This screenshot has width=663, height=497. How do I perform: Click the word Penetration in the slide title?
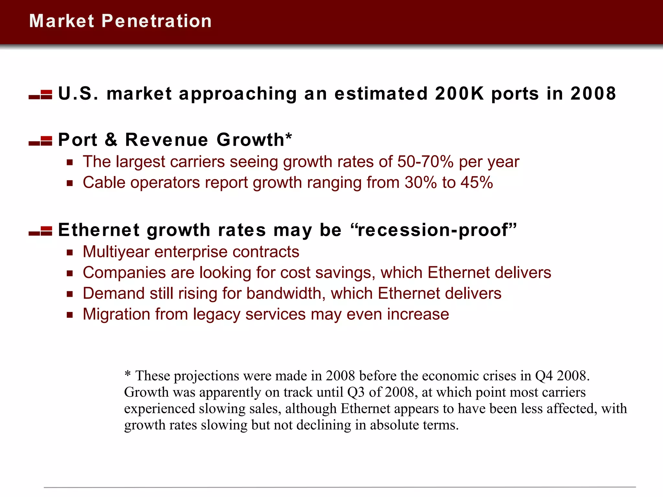tap(157, 21)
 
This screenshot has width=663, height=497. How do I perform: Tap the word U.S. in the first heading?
tap(78, 94)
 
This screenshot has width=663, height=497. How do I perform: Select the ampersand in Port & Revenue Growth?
tap(111, 140)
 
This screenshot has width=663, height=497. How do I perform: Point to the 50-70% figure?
tap(425, 162)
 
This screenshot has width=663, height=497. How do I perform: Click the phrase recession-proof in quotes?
tap(433, 230)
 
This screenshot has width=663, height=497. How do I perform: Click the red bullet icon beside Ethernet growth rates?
tap(40, 231)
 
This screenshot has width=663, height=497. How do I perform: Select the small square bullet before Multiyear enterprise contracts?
tap(70, 252)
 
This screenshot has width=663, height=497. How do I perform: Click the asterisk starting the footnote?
tap(128, 374)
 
